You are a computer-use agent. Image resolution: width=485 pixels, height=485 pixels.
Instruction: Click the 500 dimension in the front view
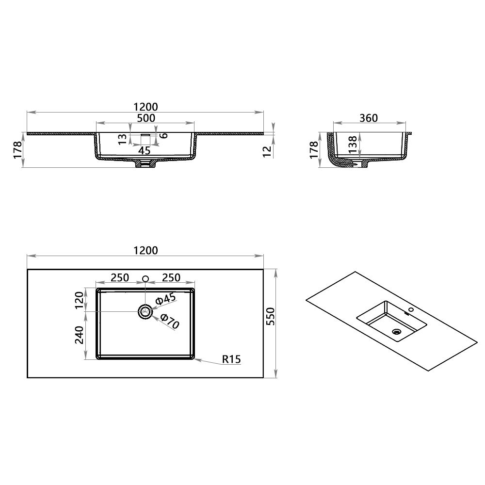coord(145,118)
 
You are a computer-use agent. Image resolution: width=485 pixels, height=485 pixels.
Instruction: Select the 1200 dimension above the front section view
coord(145,107)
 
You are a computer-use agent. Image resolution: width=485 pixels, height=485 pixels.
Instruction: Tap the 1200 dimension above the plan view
coord(145,250)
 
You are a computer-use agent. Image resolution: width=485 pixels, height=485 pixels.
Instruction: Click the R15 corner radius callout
coord(231,359)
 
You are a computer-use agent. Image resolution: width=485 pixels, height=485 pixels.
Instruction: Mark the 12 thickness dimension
coord(266,150)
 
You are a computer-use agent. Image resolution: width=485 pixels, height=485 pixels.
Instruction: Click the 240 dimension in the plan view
coord(80,335)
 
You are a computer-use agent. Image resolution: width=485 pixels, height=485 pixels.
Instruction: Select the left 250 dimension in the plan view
coord(120,277)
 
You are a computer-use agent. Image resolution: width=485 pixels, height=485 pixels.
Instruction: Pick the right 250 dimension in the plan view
coord(171,277)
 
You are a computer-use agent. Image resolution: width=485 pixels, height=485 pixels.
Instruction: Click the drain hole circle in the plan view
coord(145,311)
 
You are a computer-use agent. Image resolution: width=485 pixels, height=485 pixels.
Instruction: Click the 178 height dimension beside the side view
coord(314,150)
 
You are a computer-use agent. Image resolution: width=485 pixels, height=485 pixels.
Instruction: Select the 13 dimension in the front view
coord(123,139)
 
